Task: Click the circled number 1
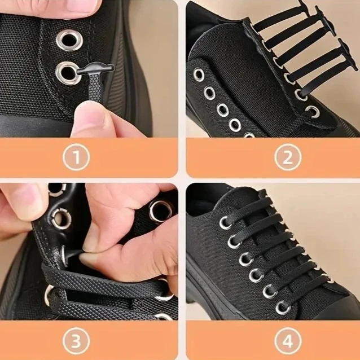(76, 157)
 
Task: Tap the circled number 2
(288, 157)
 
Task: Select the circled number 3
(76, 341)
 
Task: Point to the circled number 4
(288, 341)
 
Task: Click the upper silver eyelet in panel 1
(69, 40)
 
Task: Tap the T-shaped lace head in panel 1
(96, 68)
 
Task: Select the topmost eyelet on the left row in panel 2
(199, 74)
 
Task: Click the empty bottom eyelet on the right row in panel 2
(313, 112)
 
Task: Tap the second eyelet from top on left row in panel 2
(209, 93)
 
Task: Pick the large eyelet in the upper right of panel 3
(161, 212)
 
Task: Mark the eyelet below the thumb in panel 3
(62, 219)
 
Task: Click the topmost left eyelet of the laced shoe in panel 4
(226, 222)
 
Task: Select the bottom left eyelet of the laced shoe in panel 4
(283, 308)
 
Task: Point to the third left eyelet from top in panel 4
(245, 259)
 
